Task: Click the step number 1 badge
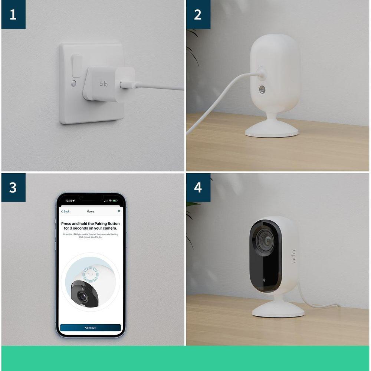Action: pos(13,15)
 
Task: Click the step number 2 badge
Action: pos(198,15)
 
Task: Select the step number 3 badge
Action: pos(13,187)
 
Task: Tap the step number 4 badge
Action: pos(198,187)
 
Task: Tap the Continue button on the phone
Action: pos(90,328)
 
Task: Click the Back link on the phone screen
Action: pos(65,211)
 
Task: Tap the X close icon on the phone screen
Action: pos(119,211)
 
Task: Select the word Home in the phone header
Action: pos(90,211)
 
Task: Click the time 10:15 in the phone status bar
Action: pos(69,201)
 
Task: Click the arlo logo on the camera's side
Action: pos(293,256)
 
